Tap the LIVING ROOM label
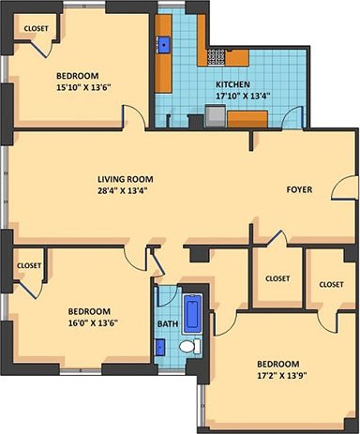click(x=125, y=178)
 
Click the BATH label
click(x=167, y=324)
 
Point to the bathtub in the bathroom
click(x=192, y=313)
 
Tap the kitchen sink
click(x=164, y=42)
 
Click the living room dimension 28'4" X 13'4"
click(x=125, y=190)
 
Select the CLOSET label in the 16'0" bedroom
click(x=29, y=265)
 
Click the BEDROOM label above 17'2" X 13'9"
click(x=278, y=364)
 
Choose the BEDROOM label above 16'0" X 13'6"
click(x=89, y=311)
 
